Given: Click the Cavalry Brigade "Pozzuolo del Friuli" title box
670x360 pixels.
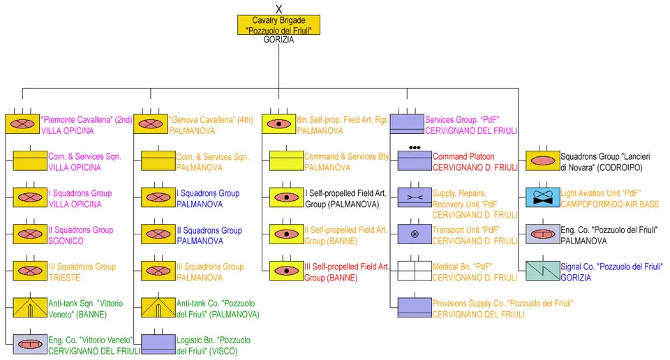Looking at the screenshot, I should click(x=278, y=25).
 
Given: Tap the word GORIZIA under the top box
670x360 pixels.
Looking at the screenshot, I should click(x=278, y=40).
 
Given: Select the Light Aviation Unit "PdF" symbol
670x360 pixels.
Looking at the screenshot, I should click(x=542, y=197).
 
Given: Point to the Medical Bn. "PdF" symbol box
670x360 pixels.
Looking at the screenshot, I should click(x=415, y=271).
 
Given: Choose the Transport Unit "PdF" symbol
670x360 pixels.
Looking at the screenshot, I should click(x=415, y=234).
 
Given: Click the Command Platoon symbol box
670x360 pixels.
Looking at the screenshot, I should click(x=415, y=160).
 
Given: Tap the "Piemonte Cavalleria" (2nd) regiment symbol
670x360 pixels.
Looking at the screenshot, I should click(x=23, y=124).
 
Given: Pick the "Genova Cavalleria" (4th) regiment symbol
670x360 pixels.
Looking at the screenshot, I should click(x=151, y=124).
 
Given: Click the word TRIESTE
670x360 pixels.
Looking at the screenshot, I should click(x=65, y=278).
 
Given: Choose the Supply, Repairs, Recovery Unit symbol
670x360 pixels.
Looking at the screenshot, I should click(x=415, y=197).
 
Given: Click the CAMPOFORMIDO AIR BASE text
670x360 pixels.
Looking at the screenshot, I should click(x=610, y=204).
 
